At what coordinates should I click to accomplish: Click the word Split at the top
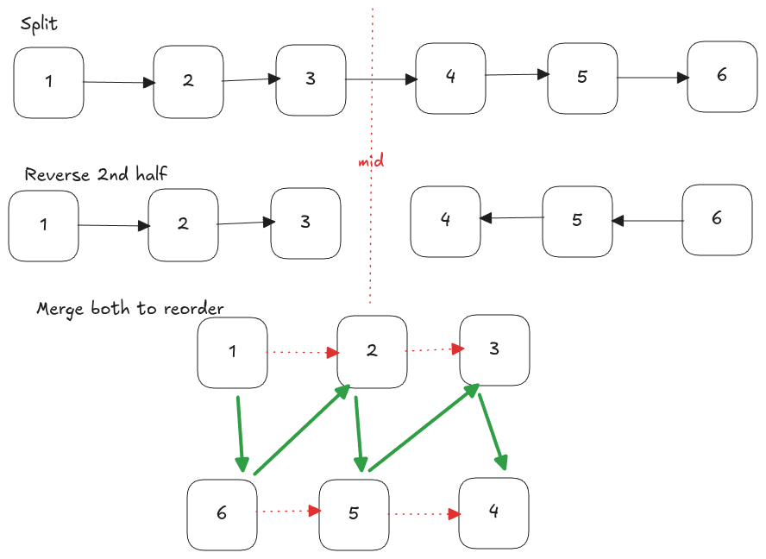[40, 23]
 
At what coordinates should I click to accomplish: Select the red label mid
[371, 160]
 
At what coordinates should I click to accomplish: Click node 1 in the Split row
[49, 83]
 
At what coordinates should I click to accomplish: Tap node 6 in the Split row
[722, 77]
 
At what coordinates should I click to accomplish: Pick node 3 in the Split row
[311, 80]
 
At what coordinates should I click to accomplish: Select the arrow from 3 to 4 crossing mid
[380, 80]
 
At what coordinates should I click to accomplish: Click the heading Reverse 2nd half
[96, 174]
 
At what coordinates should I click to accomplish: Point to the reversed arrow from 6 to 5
[647, 221]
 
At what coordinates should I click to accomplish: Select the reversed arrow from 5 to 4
[511, 218]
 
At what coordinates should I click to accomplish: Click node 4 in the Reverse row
[445, 221]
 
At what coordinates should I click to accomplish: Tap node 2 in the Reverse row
[183, 225]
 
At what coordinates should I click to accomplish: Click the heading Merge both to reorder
[130, 308]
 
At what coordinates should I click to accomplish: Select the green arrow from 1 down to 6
[240, 434]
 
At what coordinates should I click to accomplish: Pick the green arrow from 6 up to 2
[301, 430]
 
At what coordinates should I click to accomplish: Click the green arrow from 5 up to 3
[424, 428]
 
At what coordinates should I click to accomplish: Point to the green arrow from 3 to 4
[492, 432]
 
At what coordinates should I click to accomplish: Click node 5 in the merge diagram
[354, 514]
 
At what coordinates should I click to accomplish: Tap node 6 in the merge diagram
[222, 514]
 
